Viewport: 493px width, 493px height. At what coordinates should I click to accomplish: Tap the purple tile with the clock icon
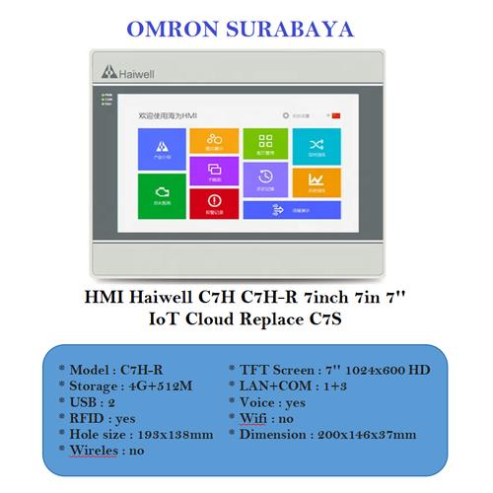point(264,178)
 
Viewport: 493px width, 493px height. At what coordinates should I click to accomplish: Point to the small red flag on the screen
point(336,116)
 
